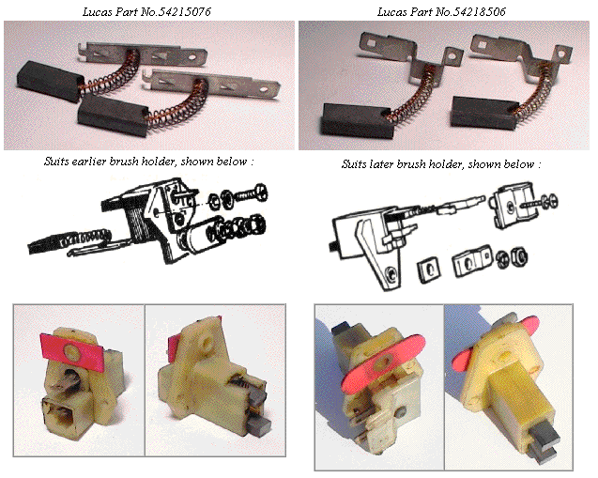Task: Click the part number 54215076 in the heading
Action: point(184,12)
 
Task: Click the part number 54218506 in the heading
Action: point(480,12)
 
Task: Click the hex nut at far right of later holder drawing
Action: point(518,256)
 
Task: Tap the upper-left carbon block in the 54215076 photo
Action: point(50,81)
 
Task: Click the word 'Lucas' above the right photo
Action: point(391,12)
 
